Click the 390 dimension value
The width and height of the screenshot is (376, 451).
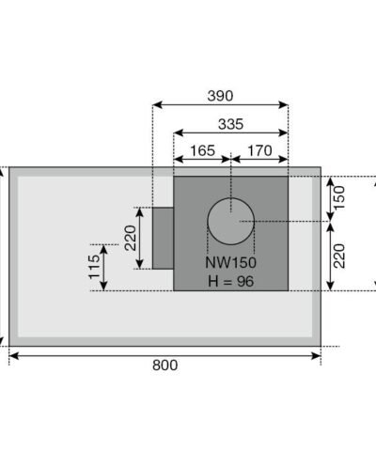219,95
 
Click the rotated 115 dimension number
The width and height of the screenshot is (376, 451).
93,269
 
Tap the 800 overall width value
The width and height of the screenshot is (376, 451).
164,366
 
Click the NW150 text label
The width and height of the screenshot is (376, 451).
230,264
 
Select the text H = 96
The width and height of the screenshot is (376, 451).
230,281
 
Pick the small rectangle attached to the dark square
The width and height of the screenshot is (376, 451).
162,238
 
